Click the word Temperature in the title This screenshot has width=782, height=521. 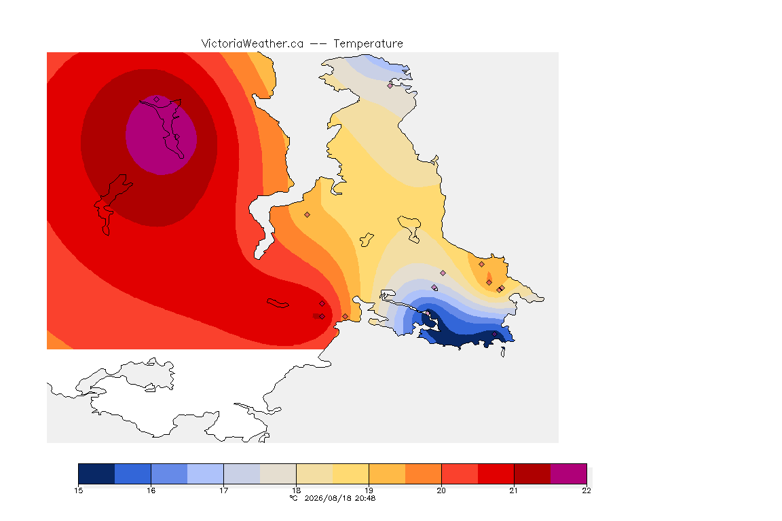368,44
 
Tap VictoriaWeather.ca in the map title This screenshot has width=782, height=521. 253,44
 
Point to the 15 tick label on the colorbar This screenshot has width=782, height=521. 78,490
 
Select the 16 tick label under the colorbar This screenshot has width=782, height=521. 151,490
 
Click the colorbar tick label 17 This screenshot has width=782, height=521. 223,490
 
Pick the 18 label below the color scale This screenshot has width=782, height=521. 296,490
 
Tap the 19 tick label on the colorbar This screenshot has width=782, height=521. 369,490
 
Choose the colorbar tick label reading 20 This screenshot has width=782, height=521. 441,490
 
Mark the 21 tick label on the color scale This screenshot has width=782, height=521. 514,490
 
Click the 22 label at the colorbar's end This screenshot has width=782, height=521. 586,490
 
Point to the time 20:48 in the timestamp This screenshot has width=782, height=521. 365,498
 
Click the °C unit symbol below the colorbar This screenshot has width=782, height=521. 294,498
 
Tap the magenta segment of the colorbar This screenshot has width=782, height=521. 569,474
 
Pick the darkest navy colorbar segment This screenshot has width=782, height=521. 97,474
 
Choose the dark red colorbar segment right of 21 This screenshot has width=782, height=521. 532,474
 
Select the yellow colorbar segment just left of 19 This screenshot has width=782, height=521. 350,474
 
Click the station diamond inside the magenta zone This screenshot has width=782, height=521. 157,100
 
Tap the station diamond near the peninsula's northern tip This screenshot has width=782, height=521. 390,85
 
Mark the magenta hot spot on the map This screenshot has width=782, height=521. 161,134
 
